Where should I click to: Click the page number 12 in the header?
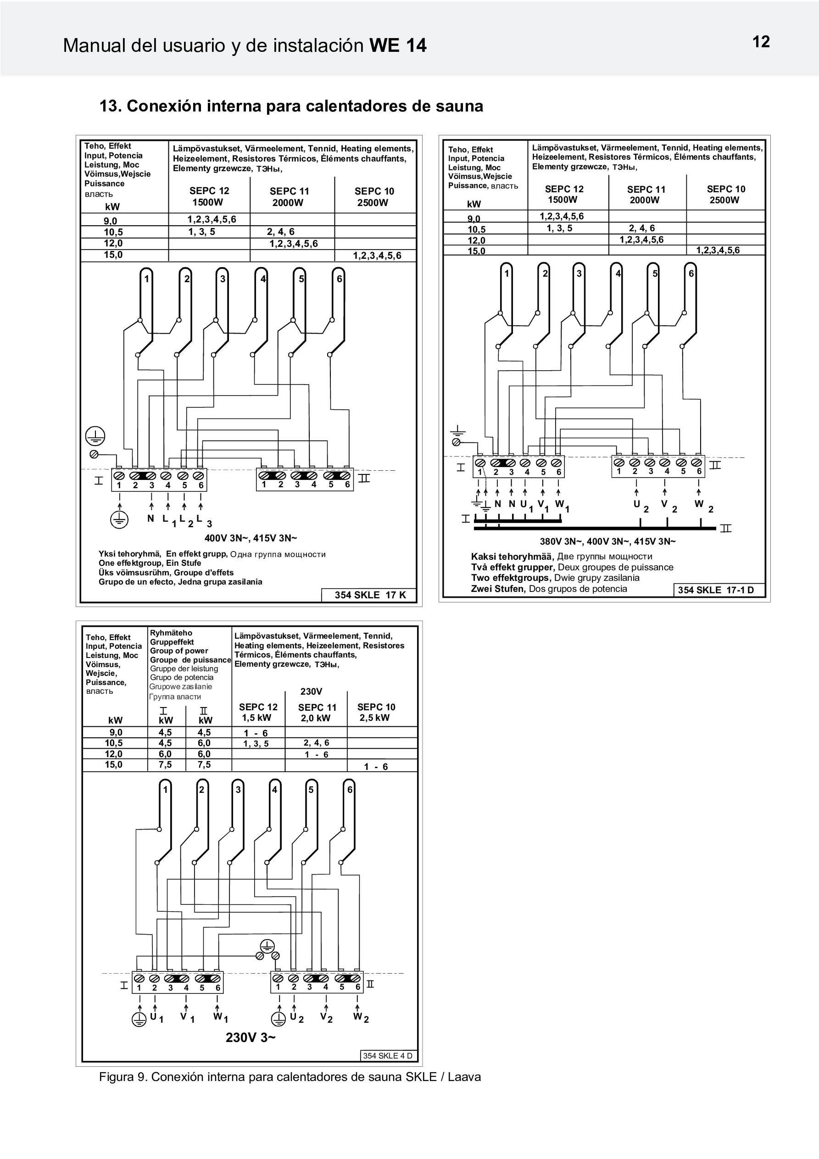coord(761,42)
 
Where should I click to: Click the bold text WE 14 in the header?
coord(398,46)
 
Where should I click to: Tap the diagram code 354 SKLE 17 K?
coord(370,595)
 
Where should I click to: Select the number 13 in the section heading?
coord(109,106)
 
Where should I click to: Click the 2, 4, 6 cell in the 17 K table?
coord(281,232)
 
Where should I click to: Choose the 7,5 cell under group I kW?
coord(165,765)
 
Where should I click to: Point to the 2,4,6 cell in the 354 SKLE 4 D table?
coord(316,742)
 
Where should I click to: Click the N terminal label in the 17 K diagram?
coord(150,518)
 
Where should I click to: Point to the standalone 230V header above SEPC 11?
coord(311,691)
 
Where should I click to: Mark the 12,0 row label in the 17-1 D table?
coord(476,240)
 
